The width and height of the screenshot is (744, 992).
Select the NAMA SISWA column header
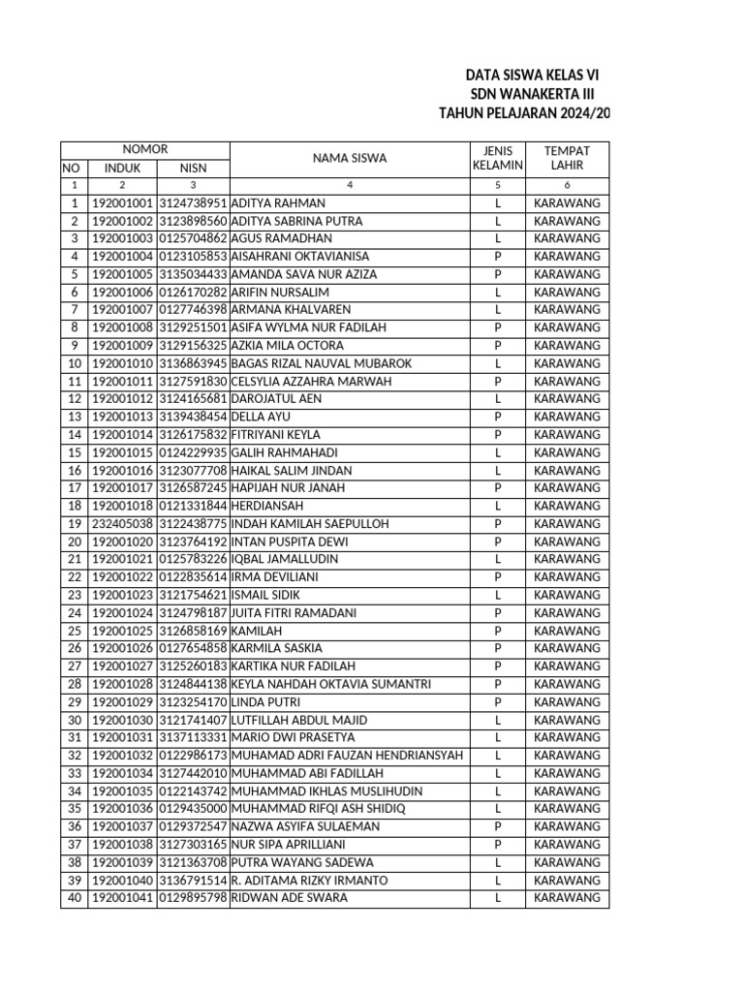[x=349, y=158]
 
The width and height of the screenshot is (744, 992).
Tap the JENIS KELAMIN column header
[x=497, y=158]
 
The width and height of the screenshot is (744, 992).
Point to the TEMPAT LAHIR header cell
[x=567, y=158]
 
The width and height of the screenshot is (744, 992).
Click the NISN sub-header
[x=193, y=168]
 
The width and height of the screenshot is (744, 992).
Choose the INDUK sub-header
[x=122, y=168]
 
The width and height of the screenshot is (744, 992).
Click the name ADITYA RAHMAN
[x=279, y=203]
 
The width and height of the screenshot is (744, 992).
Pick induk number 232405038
[x=122, y=524]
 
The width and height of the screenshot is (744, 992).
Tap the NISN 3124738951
[x=193, y=203]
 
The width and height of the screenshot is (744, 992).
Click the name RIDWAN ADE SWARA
[x=289, y=898]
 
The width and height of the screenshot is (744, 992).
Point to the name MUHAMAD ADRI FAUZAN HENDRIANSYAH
[x=347, y=756]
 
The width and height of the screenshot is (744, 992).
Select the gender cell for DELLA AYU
[x=497, y=417]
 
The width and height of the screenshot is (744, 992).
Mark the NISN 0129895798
[x=193, y=898]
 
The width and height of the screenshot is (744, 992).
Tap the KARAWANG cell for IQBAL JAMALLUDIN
[x=567, y=560]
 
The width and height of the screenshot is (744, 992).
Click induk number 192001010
[x=122, y=363]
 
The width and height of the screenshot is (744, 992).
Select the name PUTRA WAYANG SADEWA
[x=302, y=862]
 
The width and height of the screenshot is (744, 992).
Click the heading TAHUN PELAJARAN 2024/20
[x=525, y=112]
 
